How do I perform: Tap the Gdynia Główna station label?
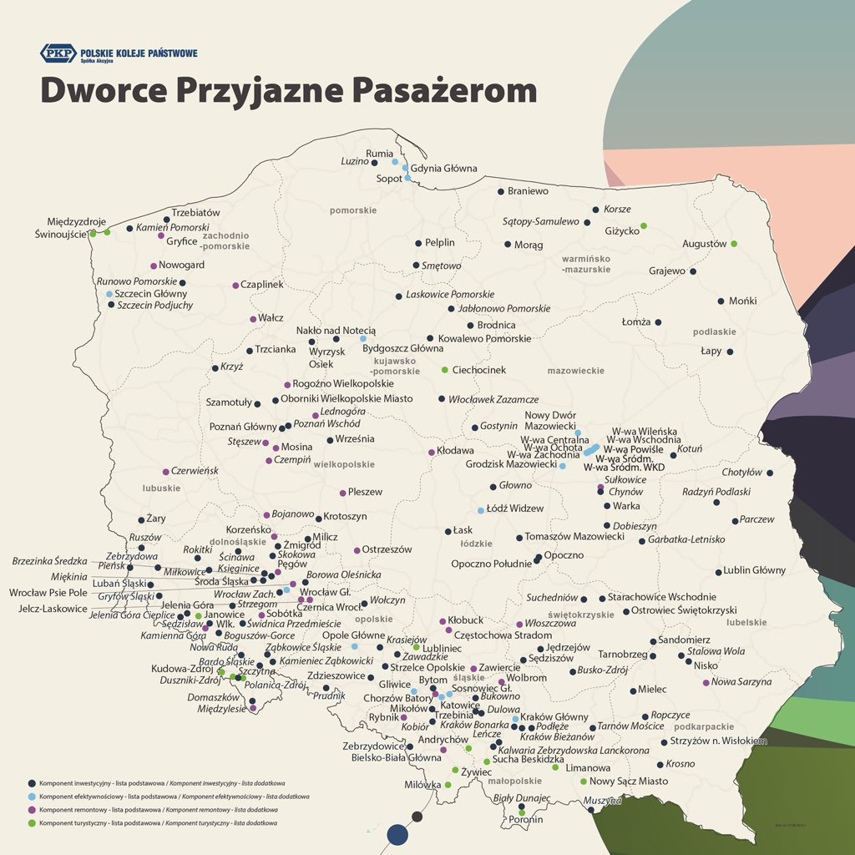click(x=444, y=169)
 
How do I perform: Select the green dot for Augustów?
click(x=734, y=244)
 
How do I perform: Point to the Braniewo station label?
click(x=528, y=191)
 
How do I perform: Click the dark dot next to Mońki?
click(x=721, y=301)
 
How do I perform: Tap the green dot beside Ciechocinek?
click(x=445, y=370)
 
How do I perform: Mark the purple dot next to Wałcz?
click(x=253, y=319)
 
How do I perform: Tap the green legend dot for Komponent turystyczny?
click(x=32, y=823)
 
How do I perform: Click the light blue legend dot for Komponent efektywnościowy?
click(x=32, y=797)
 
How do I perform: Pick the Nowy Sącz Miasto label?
click(x=629, y=782)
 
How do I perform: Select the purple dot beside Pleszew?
click(x=342, y=493)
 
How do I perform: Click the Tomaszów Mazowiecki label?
click(x=574, y=537)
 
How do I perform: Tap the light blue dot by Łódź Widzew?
click(x=481, y=510)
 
